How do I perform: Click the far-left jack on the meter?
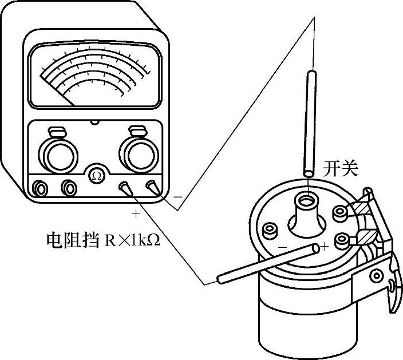41,187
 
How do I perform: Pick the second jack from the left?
69,187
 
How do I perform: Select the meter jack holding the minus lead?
152,186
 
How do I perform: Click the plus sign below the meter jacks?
136,214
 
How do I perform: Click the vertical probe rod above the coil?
310,123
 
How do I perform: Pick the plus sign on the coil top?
324,247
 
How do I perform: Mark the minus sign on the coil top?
282,247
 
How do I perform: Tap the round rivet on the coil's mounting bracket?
376,276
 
